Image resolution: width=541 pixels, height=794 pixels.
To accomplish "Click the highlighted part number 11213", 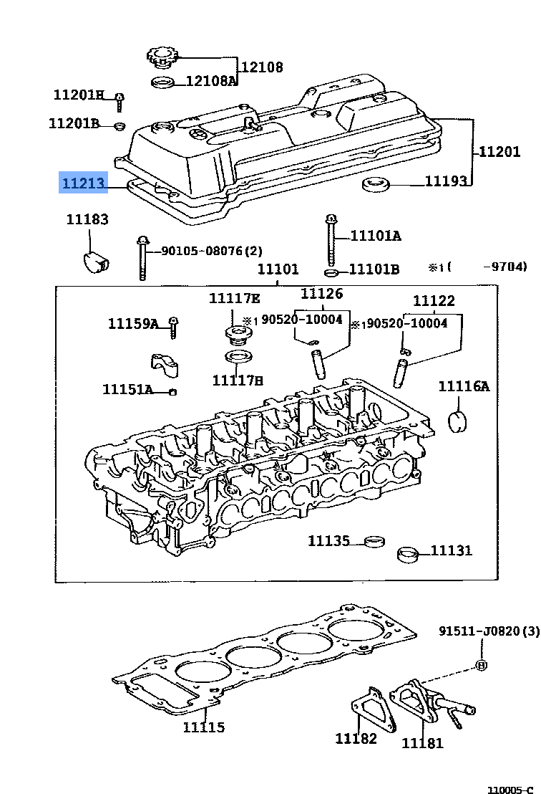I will (83, 183).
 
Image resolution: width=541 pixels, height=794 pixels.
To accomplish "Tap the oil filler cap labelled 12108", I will (162, 56).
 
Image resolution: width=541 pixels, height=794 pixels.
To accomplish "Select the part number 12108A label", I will (211, 81).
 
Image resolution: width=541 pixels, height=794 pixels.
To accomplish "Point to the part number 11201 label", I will (499, 151).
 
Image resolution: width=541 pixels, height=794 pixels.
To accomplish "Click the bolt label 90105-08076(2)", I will (211, 251).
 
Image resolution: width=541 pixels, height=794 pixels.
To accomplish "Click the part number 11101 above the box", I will (278, 269).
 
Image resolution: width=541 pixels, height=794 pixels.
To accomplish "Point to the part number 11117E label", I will (235, 298).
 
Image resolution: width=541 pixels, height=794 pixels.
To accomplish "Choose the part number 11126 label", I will (321, 293).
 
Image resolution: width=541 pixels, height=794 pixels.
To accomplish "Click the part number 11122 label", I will (434, 301).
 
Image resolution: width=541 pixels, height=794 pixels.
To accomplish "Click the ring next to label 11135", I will (372, 540).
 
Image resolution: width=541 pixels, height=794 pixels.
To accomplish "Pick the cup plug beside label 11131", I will (408, 555).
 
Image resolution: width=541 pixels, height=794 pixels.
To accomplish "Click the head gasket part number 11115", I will (203, 727).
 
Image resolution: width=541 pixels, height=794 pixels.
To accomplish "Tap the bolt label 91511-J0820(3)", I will (489, 631).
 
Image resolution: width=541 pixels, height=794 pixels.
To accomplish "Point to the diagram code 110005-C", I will (510, 789).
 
